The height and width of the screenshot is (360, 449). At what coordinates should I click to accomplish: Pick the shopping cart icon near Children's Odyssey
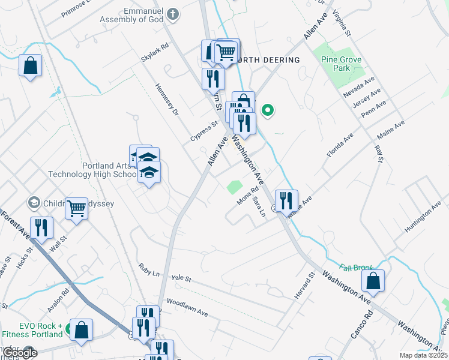click(x=77, y=209)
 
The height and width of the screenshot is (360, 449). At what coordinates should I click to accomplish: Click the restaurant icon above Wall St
click(x=41, y=228)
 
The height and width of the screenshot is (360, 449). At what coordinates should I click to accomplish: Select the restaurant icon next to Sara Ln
click(x=286, y=199)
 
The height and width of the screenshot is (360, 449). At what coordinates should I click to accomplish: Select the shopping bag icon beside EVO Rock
click(x=82, y=329)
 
